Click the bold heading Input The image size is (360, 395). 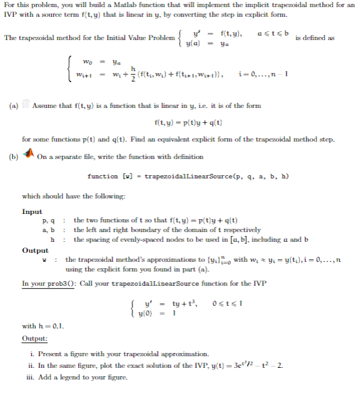[x=32, y=211]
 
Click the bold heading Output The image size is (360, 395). [x=34, y=250]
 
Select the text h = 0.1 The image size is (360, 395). [x=53, y=325]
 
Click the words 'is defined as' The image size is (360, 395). [x=315, y=38]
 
